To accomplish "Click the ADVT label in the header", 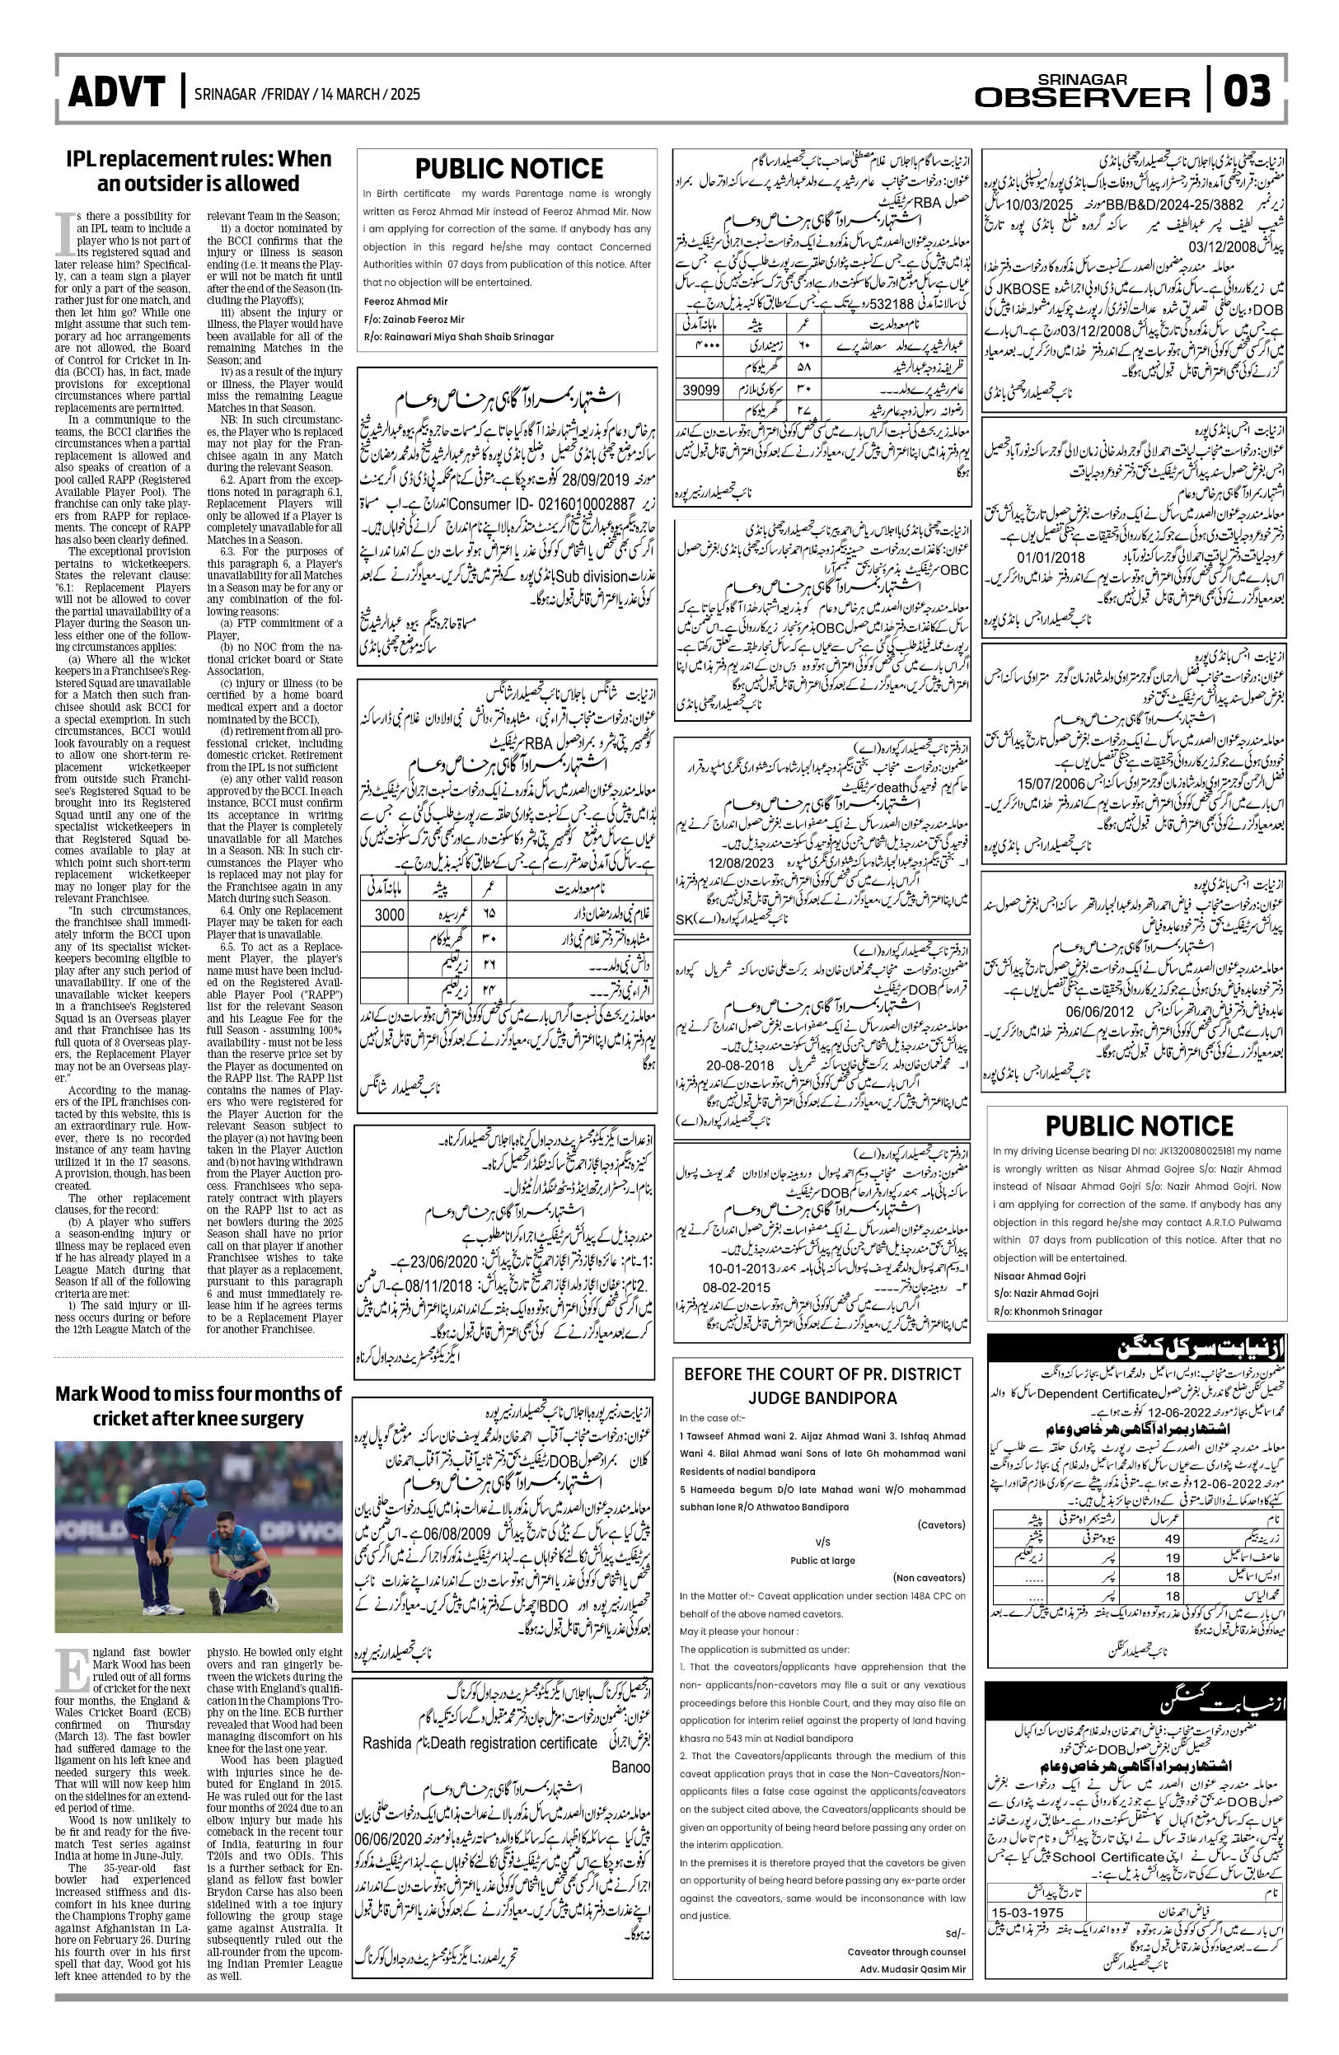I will pos(115,92).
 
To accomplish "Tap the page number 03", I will pos(1247,91).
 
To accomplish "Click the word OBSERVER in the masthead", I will pos(1082,97).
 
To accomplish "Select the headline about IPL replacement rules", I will pos(199,171).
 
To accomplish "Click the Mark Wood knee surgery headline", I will pos(199,1406).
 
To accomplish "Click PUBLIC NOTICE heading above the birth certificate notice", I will pos(508,168).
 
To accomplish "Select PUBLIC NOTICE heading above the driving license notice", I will pos(1139,1126).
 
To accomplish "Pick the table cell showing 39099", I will pos(701,391).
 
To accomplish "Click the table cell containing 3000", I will pos(390,915).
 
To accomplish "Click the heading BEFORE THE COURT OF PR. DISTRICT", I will pos(822,1374).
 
